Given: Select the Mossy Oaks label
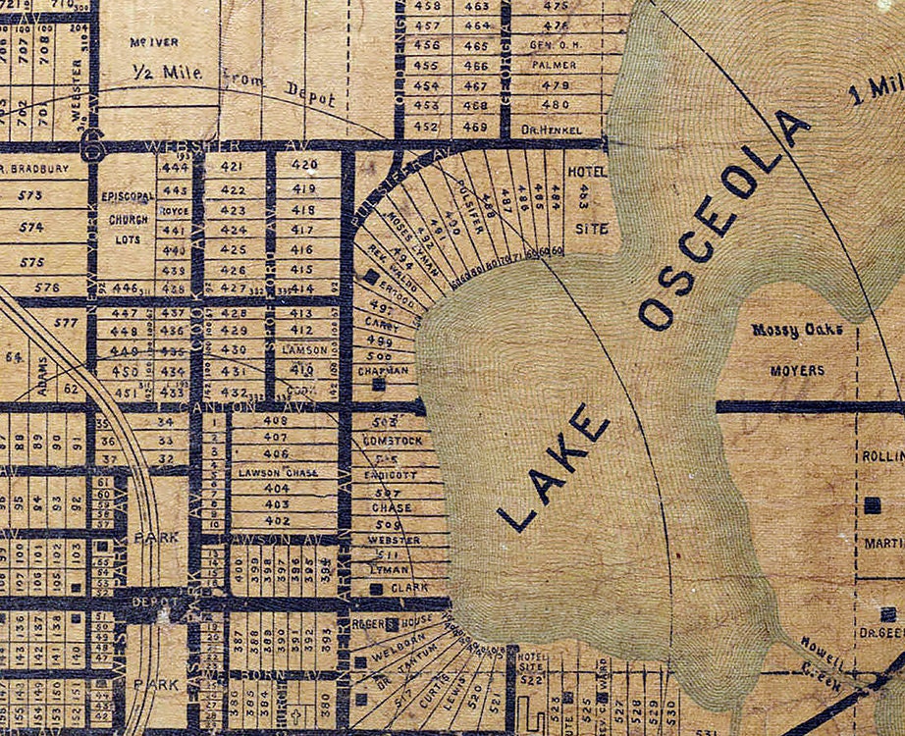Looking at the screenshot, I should tap(797, 331).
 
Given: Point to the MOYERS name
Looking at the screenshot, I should tap(797, 371).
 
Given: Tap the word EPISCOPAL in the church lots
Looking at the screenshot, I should tap(126, 195).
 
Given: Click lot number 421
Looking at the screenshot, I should tap(233, 165).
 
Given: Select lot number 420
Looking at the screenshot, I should tap(304, 164).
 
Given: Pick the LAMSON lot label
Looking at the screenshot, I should tap(303, 349).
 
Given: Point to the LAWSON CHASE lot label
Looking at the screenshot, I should tap(279, 472).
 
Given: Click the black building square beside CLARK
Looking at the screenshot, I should tap(377, 589).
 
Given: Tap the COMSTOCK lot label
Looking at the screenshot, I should tap(392, 442).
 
